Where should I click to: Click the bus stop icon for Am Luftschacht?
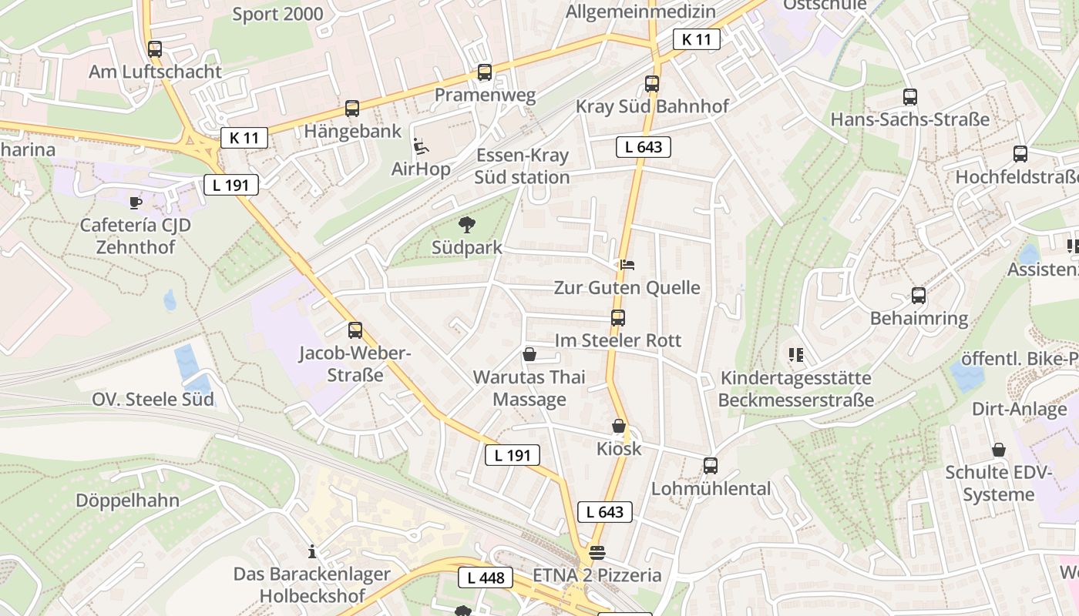point(155,49)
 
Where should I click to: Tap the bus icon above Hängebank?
point(352,109)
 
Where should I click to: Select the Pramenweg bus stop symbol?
point(485,72)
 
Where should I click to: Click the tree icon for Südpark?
point(466,225)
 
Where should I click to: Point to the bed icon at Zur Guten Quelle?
point(627,265)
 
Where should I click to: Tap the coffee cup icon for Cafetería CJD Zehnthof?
point(136,203)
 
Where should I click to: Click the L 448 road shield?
point(486,577)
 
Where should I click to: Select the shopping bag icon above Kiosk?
point(619,426)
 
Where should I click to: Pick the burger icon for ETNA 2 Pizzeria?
point(597,552)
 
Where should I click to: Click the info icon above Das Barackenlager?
point(312,551)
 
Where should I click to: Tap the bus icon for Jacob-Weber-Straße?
point(355,330)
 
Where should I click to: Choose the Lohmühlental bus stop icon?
point(711,466)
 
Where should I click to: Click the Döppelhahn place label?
point(127,500)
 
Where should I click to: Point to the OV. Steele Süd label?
point(153,400)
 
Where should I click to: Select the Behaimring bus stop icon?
point(919,296)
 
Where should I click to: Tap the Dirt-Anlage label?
point(1019,409)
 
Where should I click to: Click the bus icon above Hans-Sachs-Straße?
point(910,97)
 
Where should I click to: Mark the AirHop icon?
point(421,146)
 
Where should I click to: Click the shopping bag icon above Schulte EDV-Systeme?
point(999,450)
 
